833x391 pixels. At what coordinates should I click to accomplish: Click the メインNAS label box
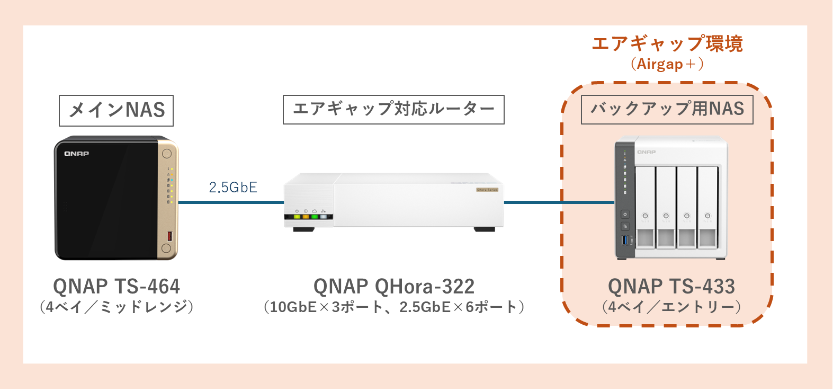[116, 110]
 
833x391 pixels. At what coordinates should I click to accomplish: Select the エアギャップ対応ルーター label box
[393, 109]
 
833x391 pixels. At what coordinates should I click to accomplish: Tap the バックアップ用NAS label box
[667, 109]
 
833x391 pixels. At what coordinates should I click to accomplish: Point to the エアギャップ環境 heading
[667, 43]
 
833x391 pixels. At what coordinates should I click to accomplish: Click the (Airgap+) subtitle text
[667, 65]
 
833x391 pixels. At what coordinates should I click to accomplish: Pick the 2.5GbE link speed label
[233, 188]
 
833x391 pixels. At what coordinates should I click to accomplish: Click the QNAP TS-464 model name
[117, 287]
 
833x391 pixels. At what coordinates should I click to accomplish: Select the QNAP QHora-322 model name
[393, 287]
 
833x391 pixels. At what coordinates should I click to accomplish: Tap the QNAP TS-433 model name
[671, 287]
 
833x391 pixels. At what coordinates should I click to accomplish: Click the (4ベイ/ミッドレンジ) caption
[117, 307]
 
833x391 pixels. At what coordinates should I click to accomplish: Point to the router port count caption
[393, 307]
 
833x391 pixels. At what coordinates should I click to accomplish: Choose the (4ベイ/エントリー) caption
[671, 307]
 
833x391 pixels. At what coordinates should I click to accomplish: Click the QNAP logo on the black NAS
[77, 154]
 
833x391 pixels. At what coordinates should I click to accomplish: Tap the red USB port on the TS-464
[170, 236]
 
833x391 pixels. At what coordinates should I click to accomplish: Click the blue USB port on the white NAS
[625, 240]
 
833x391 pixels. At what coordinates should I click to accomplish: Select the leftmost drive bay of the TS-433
[645, 208]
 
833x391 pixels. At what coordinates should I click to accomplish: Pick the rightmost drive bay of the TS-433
[707, 208]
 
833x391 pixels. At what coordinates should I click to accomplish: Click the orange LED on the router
[306, 217]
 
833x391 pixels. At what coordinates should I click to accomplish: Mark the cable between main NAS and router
[231, 202]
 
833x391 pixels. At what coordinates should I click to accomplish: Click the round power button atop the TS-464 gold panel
[167, 154]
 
